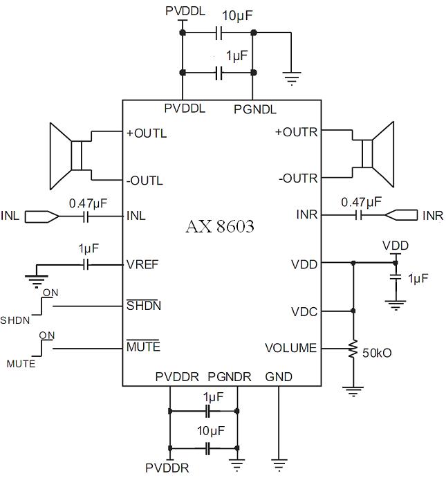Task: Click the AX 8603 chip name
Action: point(219,227)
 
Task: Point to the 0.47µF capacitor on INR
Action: point(360,215)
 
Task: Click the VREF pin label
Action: point(142,264)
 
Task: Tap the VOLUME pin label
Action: point(290,348)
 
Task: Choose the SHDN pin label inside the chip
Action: point(143,306)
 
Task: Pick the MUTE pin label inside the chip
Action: point(143,346)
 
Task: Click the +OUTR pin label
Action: point(296,132)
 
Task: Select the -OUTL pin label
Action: point(145,181)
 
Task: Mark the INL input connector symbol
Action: point(41,217)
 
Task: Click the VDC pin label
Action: point(305,311)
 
